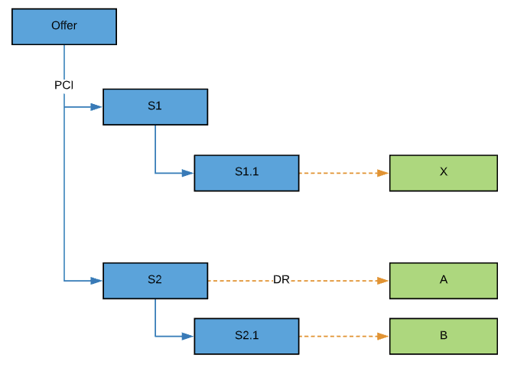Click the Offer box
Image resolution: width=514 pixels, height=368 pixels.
[64, 27]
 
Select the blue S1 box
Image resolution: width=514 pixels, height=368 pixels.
[155, 106]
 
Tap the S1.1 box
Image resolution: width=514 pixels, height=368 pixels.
[246, 173]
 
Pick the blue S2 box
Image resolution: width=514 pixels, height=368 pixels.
[155, 281]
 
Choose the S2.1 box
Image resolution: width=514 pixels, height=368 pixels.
[246, 336]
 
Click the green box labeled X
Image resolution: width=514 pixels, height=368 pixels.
[444, 173]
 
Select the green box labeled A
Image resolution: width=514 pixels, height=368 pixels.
[444, 281]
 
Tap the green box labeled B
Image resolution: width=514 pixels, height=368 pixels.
[444, 336]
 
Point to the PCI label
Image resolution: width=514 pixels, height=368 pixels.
[64, 85]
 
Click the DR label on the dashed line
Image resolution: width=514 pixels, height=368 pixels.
[281, 281]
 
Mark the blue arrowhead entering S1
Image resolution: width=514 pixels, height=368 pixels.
[97, 107]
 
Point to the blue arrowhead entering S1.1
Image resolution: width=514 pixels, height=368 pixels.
[188, 173]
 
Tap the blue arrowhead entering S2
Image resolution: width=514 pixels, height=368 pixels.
[97, 281]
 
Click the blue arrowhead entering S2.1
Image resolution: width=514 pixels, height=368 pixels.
[188, 336]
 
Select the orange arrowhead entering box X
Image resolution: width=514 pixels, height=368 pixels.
[384, 173]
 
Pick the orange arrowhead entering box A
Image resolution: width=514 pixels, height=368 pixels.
[384, 281]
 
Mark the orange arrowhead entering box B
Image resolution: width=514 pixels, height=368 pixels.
[384, 336]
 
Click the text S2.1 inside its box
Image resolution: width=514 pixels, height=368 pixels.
[246, 336]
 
